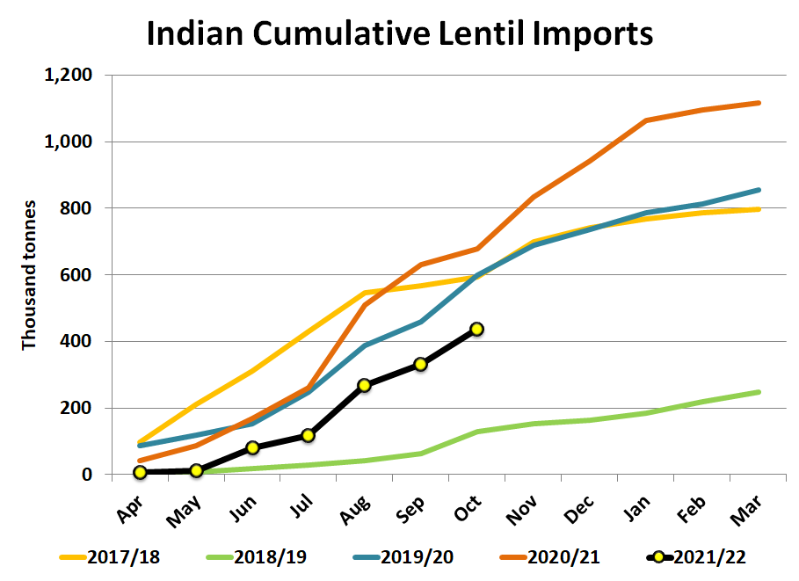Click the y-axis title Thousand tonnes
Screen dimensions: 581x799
point(29,275)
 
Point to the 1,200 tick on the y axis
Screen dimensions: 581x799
point(69,76)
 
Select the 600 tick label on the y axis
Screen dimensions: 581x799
point(76,275)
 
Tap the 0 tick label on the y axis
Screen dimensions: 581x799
point(86,475)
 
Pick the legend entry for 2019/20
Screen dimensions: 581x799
point(410,556)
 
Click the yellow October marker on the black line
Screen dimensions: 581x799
point(476,329)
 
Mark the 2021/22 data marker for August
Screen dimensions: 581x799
point(364,385)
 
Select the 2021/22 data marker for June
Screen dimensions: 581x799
point(252,447)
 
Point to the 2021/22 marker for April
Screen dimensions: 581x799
point(140,473)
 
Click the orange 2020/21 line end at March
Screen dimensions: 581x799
point(758,103)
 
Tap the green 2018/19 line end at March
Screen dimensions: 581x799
point(758,392)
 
